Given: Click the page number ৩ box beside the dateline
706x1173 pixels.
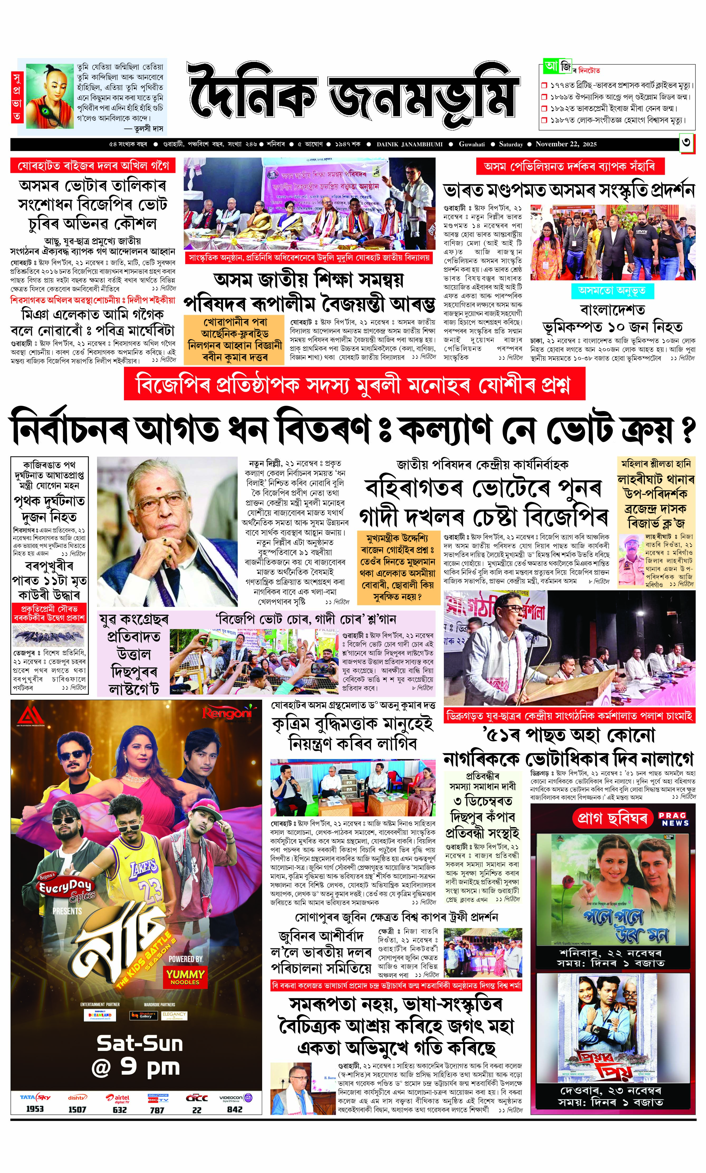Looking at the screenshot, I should point(686,144).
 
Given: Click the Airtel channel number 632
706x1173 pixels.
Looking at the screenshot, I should point(120,1109).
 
